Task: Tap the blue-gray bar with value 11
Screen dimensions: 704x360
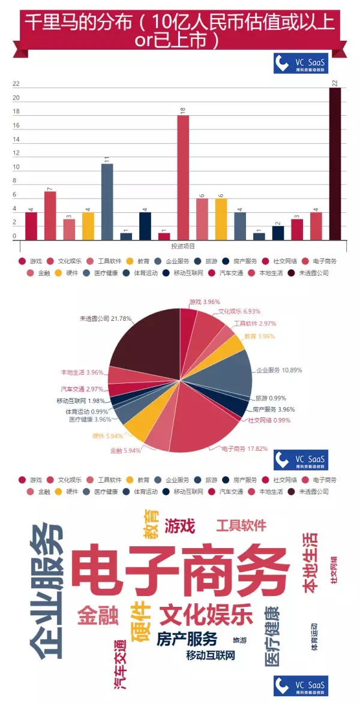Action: [107, 201]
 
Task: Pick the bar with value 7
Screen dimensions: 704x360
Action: [50, 215]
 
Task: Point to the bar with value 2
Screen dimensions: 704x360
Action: [278, 233]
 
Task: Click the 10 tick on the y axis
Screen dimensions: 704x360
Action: [16, 167]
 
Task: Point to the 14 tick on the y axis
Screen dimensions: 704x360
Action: [16, 139]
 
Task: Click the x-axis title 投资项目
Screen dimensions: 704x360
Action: [183, 246]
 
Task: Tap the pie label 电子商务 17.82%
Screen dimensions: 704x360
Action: [244, 448]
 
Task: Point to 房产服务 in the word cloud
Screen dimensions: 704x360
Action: [187, 638]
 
